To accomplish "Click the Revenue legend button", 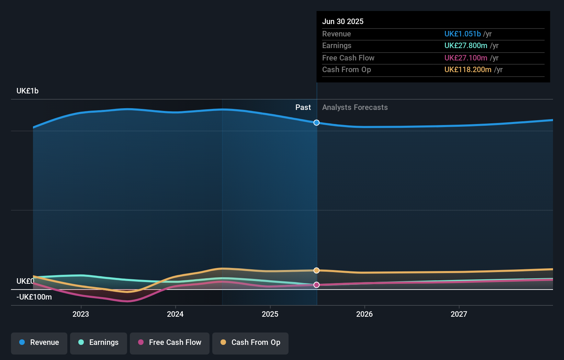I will pos(39,342).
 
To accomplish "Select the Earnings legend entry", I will pos(99,342).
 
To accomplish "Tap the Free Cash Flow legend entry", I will pos(170,342).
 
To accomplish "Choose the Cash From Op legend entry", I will pos(250,342).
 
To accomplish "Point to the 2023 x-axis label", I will pos(81,314).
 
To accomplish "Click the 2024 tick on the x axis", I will pos(175,314).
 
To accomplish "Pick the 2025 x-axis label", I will pos(270,314).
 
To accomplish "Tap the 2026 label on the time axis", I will pos(364,314).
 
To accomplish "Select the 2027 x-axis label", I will pos(459,314).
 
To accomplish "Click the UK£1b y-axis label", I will pos(27,91).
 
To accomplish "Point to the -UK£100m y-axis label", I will pos(34,297).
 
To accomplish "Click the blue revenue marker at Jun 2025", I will pos(317,123).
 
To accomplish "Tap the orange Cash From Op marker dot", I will pos(317,270).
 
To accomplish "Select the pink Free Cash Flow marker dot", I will pos(317,285).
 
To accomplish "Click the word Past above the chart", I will pos(303,108).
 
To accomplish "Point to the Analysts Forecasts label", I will pos(355,108).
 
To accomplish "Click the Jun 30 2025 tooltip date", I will pos(343,22).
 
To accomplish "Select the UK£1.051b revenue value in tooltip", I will pos(462,34).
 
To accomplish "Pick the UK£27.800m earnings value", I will pos(466,46).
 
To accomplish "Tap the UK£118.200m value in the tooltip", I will pos(468,70).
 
